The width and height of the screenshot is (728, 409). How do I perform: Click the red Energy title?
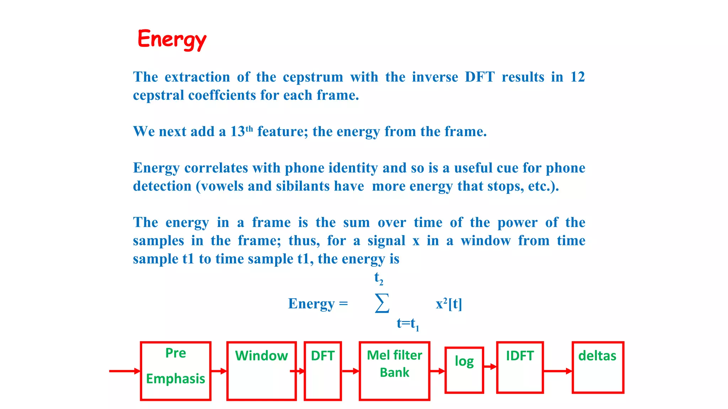[172, 39]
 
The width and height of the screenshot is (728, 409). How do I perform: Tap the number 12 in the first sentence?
[577, 77]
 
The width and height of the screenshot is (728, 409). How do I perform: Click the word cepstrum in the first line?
[313, 77]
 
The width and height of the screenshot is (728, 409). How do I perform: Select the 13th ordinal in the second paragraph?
[242, 131]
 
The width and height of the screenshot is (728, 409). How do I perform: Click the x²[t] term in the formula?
[449, 304]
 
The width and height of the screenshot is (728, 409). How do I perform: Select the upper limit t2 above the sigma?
[379, 278]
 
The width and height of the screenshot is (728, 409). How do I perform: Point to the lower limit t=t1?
[408, 323]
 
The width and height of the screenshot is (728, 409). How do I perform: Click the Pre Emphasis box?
[176, 371]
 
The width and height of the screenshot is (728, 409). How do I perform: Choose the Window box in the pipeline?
[262, 371]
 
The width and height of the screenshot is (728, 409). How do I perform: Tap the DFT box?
[323, 371]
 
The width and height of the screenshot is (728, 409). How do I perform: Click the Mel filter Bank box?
[394, 371]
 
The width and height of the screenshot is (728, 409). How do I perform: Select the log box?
[464, 370]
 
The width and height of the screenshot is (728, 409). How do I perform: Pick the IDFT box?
[520, 367]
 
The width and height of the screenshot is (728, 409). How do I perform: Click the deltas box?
[598, 367]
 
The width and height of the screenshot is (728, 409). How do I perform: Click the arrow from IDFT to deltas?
[558, 371]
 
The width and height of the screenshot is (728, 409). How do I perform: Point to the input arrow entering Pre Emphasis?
[124, 371]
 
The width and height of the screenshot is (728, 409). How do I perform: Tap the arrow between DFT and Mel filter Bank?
[350, 371]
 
